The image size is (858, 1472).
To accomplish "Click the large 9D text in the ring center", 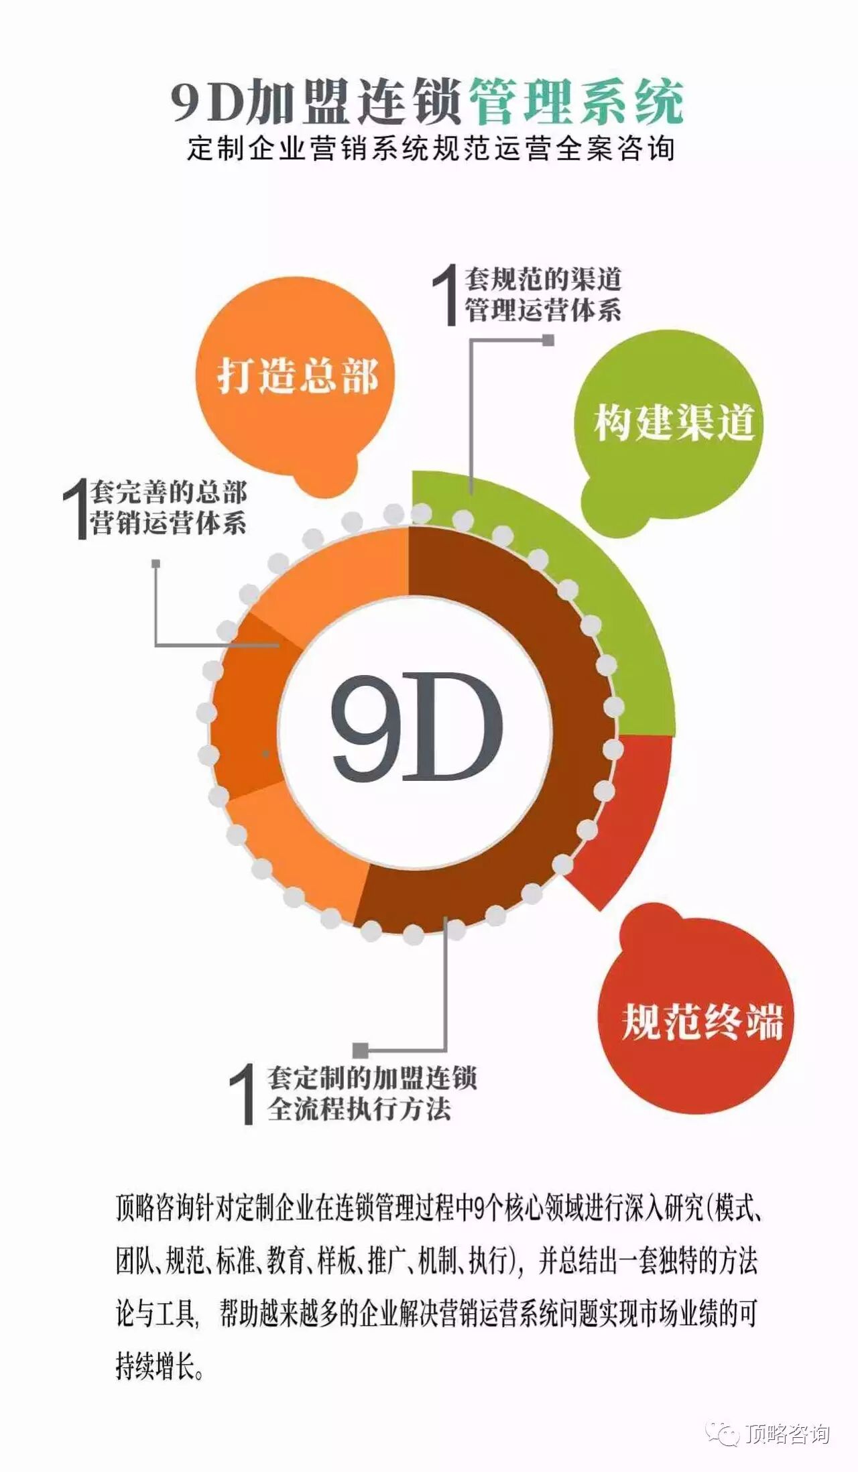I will [416, 727].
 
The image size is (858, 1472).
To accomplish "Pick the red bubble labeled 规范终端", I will [701, 1022].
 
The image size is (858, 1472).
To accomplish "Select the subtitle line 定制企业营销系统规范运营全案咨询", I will [430, 148].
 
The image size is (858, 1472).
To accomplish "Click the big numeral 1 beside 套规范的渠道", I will [446, 295].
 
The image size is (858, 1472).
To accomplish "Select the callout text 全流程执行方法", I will [359, 1109].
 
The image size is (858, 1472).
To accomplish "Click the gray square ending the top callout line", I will [548, 341].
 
